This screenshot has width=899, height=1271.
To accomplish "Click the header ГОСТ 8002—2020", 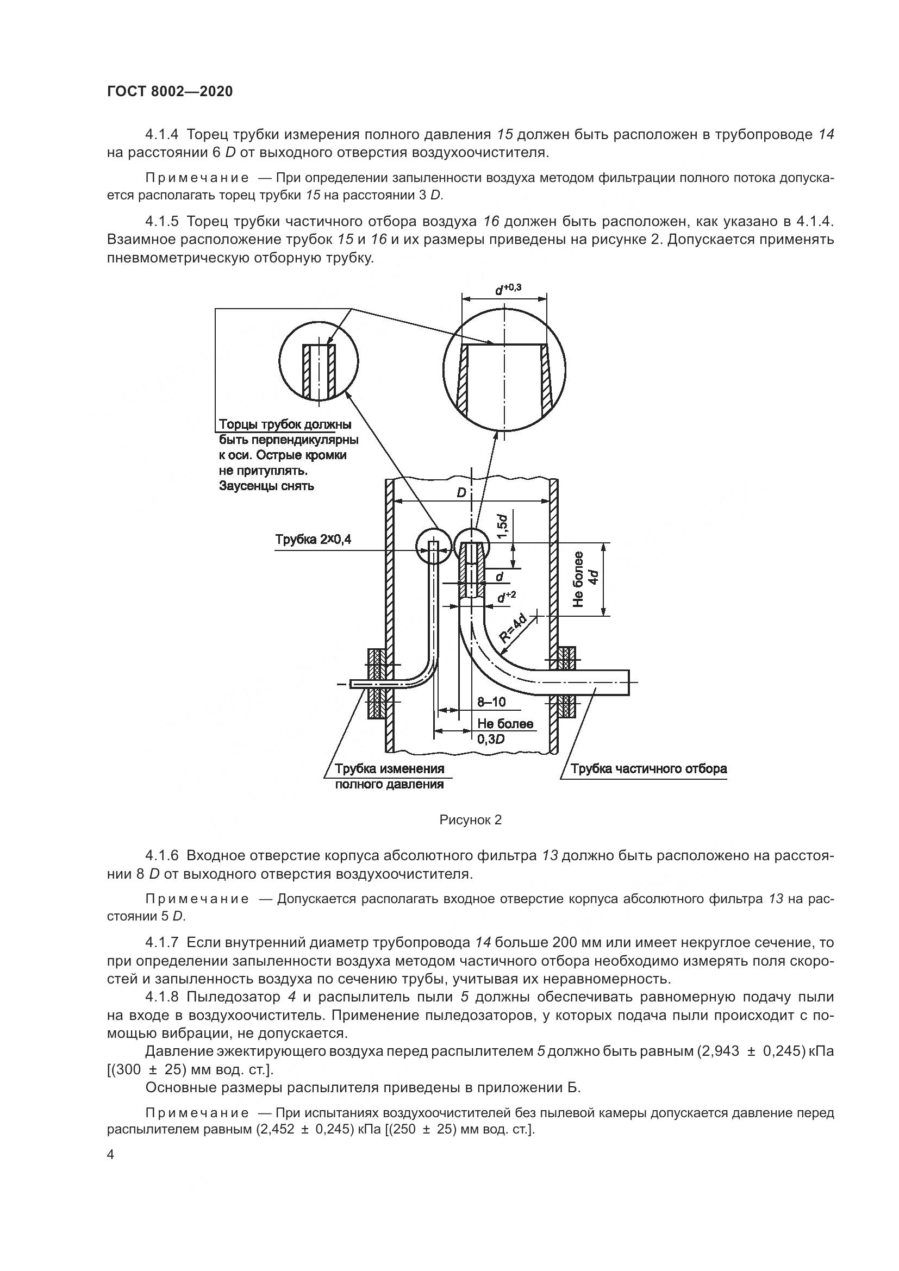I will click(170, 91).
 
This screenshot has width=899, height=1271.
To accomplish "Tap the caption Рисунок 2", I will click(470, 820).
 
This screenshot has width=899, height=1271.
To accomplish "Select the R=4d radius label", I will click(513, 629).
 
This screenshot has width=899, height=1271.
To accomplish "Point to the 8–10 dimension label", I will click(491, 703).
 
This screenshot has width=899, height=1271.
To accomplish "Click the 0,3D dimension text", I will click(490, 739).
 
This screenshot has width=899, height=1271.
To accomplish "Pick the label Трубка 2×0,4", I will click(313, 539).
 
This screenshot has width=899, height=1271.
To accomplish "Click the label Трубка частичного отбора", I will click(648, 769).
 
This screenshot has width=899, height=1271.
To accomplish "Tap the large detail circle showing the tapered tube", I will click(505, 370).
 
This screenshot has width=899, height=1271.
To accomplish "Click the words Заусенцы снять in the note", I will click(266, 486).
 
